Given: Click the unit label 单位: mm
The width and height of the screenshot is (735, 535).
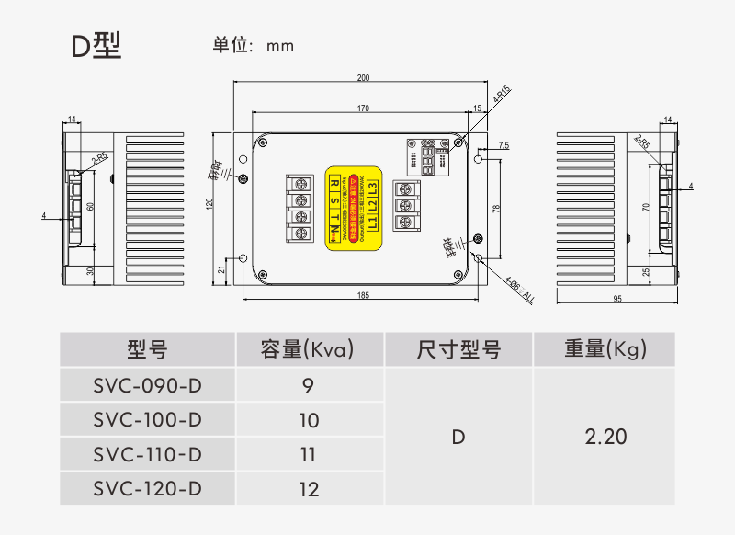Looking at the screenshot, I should (254, 45).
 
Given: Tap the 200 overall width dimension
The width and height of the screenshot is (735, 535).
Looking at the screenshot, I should (363, 77).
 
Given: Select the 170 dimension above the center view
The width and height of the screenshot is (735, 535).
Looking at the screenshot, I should (363, 108).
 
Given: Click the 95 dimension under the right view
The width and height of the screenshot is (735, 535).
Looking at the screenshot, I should (616, 299).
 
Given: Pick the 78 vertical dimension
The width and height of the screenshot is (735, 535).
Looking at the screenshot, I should (496, 209).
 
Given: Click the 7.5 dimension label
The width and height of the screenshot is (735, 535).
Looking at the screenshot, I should (503, 146).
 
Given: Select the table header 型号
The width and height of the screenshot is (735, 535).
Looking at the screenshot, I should (148, 349).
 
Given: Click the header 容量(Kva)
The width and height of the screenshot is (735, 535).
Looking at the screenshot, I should (308, 349).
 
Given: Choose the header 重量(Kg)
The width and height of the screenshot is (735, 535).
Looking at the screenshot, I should (605, 349).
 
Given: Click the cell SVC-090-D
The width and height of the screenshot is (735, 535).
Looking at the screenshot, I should (148, 384).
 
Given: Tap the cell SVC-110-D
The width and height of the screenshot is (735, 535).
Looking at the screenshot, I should (148, 454).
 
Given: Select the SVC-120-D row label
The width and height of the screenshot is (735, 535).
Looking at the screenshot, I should (148, 489).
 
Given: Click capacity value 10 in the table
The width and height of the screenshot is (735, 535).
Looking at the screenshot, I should (309, 420).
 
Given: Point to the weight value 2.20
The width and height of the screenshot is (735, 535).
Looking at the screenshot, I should (605, 437).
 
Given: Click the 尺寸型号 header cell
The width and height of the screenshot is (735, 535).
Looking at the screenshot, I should (458, 349).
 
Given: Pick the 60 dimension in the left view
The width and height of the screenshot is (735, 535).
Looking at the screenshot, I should (90, 206).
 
